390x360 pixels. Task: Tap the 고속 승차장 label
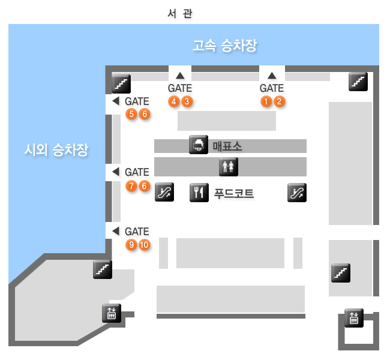224,45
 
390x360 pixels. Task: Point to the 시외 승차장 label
53,150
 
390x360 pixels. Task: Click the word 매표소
227,146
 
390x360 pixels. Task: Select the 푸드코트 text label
233,193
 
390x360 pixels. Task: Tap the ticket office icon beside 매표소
199,146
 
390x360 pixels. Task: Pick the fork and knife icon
199,193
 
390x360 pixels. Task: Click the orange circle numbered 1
266,101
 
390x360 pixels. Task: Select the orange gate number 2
279,101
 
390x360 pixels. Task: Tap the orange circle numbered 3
187,101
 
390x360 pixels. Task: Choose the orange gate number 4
174,101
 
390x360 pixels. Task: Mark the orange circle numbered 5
131,114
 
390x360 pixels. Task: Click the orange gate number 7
131,186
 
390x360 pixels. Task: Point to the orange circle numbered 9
131,245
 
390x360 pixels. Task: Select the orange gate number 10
144,245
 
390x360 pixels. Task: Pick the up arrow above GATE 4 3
180,76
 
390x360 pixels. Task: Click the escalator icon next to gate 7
164,193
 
